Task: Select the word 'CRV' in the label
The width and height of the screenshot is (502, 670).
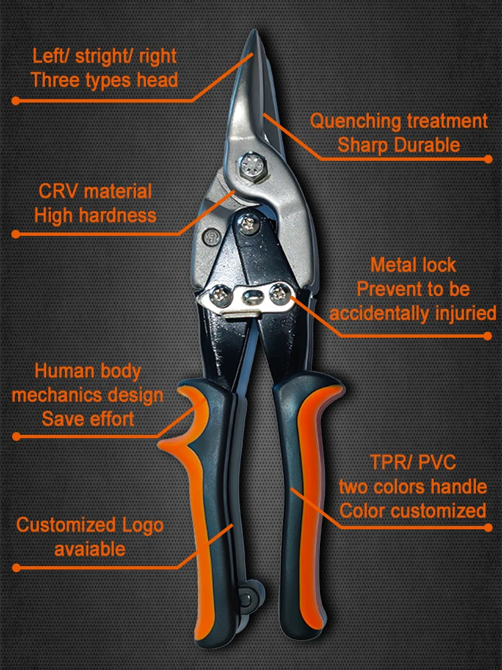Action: point(57,192)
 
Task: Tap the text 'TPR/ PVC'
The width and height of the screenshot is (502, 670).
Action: point(412,462)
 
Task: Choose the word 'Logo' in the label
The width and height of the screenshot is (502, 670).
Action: point(143,525)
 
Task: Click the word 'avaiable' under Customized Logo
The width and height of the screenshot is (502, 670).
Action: point(90,549)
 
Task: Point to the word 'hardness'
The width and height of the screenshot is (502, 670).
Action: point(114,216)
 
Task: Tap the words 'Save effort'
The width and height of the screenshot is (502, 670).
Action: point(88,419)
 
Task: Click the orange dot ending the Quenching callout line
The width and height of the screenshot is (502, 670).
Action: point(487,159)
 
